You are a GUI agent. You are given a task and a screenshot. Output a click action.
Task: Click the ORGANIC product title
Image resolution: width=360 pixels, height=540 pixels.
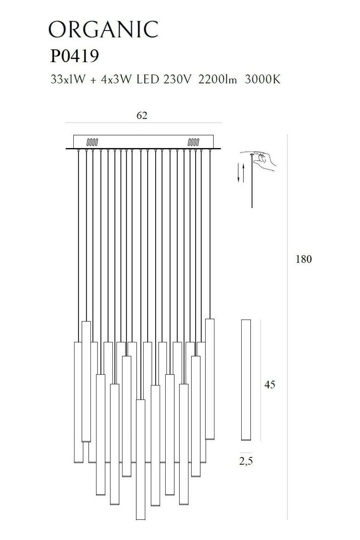(x=103, y=29)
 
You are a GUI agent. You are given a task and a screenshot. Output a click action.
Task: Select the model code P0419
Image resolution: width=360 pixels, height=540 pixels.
(x=74, y=56)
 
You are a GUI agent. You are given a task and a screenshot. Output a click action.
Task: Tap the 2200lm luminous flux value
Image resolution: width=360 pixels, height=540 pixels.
(x=217, y=79)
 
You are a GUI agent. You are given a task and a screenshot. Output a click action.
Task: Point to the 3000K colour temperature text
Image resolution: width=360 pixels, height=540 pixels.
(x=262, y=79)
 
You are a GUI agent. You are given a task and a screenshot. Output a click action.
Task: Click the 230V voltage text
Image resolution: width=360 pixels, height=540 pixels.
(x=178, y=79)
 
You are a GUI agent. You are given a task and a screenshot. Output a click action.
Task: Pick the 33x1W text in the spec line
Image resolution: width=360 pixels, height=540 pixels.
(x=68, y=79)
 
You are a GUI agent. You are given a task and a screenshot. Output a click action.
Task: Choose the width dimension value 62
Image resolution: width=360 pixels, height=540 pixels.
(x=142, y=116)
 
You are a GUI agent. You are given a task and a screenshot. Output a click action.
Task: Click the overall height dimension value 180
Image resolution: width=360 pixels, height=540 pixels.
(x=303, y=259)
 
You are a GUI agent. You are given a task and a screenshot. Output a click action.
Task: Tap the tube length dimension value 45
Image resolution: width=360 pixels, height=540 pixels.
(x=270, y=385)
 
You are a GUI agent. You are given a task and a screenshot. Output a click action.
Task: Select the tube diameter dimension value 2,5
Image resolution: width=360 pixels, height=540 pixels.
(x=246, y=461)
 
